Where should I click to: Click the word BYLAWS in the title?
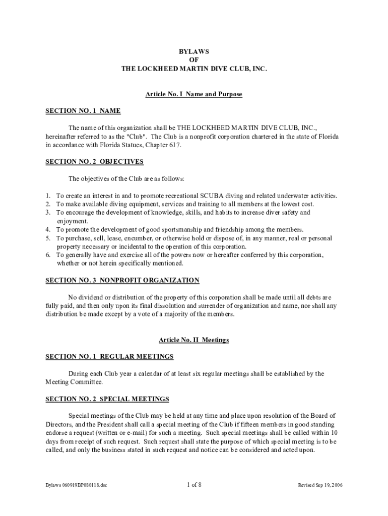pos(194,51)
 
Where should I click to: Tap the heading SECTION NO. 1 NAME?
pos(83,111)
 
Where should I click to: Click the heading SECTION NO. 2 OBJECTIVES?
pos(95,162)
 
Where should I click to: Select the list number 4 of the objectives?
pos(47,229)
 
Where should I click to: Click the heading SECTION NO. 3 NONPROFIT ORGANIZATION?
pos(122,280)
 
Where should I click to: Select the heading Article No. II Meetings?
pos(194,340)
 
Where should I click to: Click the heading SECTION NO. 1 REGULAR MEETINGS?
pos(109,357)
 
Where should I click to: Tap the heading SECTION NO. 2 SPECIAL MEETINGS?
pos(107,399)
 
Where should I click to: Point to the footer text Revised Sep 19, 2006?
pos(320,485)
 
